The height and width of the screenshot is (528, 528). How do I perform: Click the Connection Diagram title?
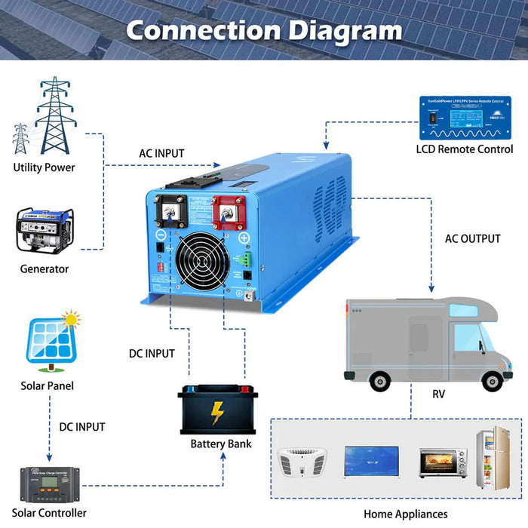[263, 31]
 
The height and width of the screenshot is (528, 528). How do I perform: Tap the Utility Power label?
[44, 167]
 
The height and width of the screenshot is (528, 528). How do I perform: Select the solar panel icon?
[51, 342]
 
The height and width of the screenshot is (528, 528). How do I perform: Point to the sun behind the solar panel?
[72, 320]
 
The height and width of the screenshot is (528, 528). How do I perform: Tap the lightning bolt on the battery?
[217, 413]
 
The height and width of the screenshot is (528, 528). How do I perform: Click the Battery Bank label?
[221, 444]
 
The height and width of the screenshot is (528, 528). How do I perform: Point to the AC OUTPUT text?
[472, 238]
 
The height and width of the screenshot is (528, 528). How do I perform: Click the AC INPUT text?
[161, 153]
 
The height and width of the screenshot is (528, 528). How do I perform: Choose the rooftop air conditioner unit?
[302, 461]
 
